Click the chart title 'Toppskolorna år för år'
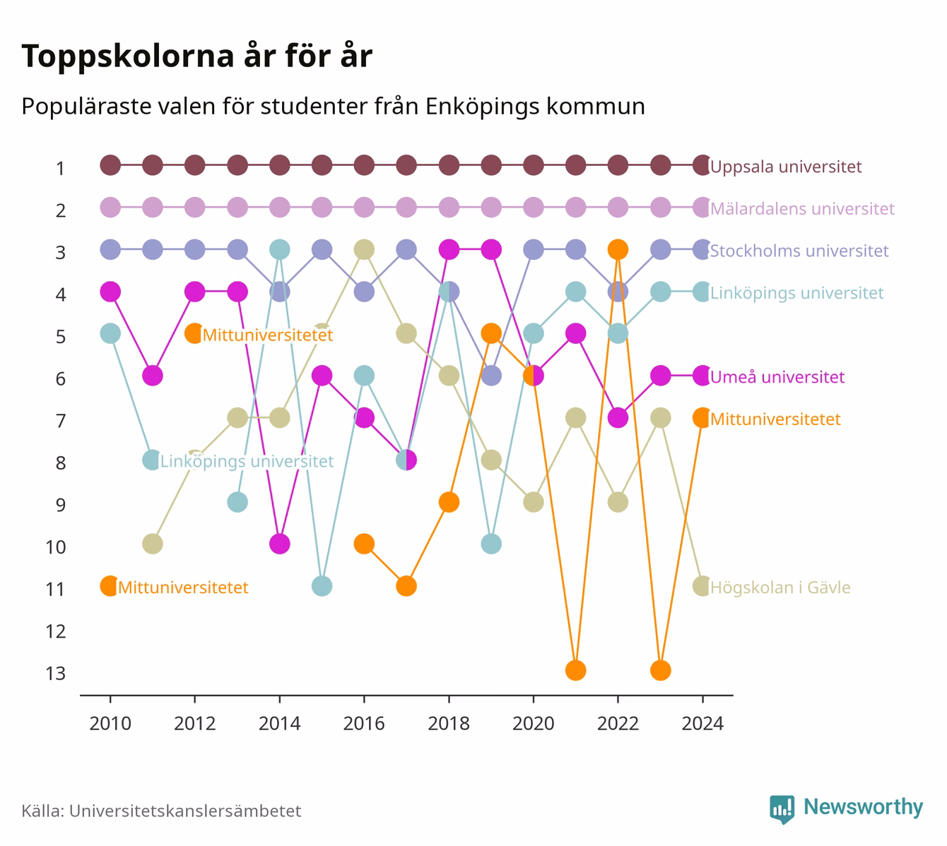coord(196,56)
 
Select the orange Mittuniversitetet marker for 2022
coord(618,249)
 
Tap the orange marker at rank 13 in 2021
coord(575,670)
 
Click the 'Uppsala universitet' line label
coord(786,167)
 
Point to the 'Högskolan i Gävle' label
coord(780,588)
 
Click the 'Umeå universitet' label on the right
coord(777,376)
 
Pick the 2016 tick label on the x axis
coord(364,723)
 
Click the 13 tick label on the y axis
coord(56,674)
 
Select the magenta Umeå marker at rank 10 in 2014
coord(280,544)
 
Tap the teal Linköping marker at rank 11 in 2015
coord(322,586)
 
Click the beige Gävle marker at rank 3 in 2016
coord(364,249)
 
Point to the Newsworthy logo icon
coord(782,809)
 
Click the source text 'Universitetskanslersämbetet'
coord(185,811)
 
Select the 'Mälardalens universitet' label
coord(802,209)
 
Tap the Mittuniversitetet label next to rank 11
coord(183,588)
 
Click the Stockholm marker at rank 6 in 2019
coord(490,376)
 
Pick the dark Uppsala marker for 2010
coord(110,165)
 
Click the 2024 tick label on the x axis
coord(702,723)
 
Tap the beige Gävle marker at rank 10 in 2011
coord(153,544)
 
